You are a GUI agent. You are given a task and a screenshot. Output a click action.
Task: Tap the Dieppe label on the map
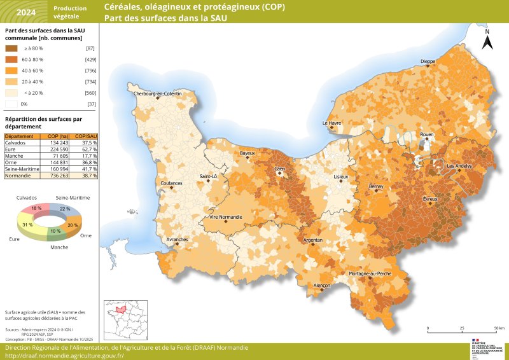[x=428, y=62]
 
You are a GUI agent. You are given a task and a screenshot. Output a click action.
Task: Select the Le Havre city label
[x=331, y=123]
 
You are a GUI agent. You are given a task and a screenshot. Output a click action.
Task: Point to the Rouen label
[x=426, y=135]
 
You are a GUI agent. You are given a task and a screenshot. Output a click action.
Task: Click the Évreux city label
[x=431, y=199]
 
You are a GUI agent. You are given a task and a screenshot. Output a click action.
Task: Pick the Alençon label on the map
[x=323, y=286]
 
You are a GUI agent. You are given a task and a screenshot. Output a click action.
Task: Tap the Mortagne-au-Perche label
[x=370, y=273]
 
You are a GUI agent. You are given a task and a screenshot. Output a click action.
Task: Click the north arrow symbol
[x=487, y=41]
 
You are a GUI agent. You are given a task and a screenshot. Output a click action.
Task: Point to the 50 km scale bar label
[x=499, y=328]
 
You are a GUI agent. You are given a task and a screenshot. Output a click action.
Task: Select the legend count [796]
[x=90, y=70]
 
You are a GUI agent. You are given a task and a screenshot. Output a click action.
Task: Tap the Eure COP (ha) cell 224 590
[x=57, y=148]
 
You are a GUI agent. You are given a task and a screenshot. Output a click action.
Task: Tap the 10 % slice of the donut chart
[x=55, y=231]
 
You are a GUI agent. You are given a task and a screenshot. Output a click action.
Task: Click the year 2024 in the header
[x=26, y=12]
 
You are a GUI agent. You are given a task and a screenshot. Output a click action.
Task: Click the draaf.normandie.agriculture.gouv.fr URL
[x=64, y=356]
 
